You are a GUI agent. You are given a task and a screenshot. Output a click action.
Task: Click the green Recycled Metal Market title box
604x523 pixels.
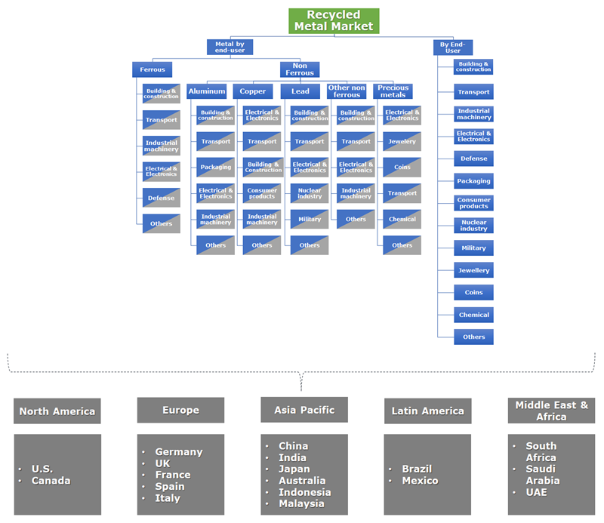click(x=334, y=20)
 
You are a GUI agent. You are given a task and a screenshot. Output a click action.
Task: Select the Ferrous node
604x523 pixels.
click(x=152, y=69)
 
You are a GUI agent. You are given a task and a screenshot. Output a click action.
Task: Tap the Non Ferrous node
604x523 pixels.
click(x=300, y=69)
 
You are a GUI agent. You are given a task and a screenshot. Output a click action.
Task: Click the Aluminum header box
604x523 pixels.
click(x=207, y=91)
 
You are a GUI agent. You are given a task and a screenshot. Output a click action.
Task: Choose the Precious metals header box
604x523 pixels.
click(x=393, y=91)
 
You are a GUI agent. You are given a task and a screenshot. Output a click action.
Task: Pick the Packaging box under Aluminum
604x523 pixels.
click(x=215, y=168)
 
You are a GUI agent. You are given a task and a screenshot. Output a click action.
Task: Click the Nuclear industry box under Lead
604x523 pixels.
click(x=310, y=193)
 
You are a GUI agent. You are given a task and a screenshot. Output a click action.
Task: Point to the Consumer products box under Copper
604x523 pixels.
click(x=262, y=193)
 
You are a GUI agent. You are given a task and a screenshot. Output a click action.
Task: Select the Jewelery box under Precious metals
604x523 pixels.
click(x=402, y=142)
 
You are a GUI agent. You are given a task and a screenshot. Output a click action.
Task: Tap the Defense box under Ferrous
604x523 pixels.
click(x=161, y=198)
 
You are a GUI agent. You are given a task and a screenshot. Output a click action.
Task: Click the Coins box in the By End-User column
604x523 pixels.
click(x=473, y=293)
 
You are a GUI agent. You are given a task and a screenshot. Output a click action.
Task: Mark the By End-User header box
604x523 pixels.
click(x=451, y=47)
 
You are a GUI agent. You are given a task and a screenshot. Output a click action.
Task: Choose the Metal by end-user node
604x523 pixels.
click(x=230, y=47)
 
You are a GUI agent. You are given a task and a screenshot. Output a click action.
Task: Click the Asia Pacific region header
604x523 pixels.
click(x=304, y=410)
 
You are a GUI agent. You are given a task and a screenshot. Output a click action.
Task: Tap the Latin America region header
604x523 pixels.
click(x=427, y=411)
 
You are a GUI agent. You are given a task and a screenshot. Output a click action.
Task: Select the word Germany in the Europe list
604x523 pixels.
click(x=179, y=452)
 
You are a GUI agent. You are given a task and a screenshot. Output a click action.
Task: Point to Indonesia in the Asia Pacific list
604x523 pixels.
click(x=304, y=492)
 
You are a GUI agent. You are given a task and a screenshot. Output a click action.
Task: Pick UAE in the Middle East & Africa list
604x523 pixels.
click(x=537, y=492)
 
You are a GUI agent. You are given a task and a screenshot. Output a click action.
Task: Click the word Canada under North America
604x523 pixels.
click(x=51, y=481)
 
